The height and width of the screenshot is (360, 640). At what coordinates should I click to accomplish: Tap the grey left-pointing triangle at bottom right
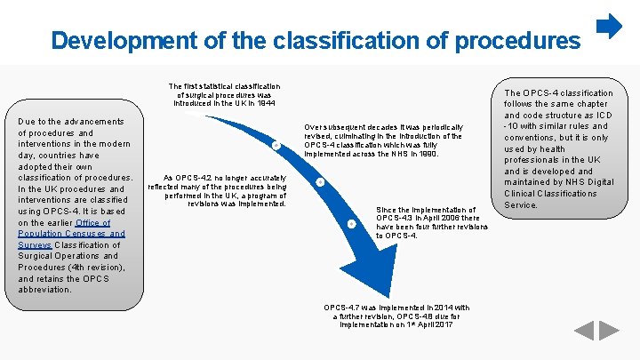[x=583, y=331]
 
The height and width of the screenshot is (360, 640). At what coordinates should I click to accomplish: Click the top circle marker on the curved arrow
[x=276, y=145]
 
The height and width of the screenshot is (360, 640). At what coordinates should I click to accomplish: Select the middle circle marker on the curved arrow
[x=320, y=183]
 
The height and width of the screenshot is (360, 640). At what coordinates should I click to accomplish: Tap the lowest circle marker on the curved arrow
[x=351, y=222]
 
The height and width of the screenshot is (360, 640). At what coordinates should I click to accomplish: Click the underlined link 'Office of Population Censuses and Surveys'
[x=72, y=234]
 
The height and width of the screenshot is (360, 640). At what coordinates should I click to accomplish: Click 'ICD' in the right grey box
[x=604, y=116]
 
